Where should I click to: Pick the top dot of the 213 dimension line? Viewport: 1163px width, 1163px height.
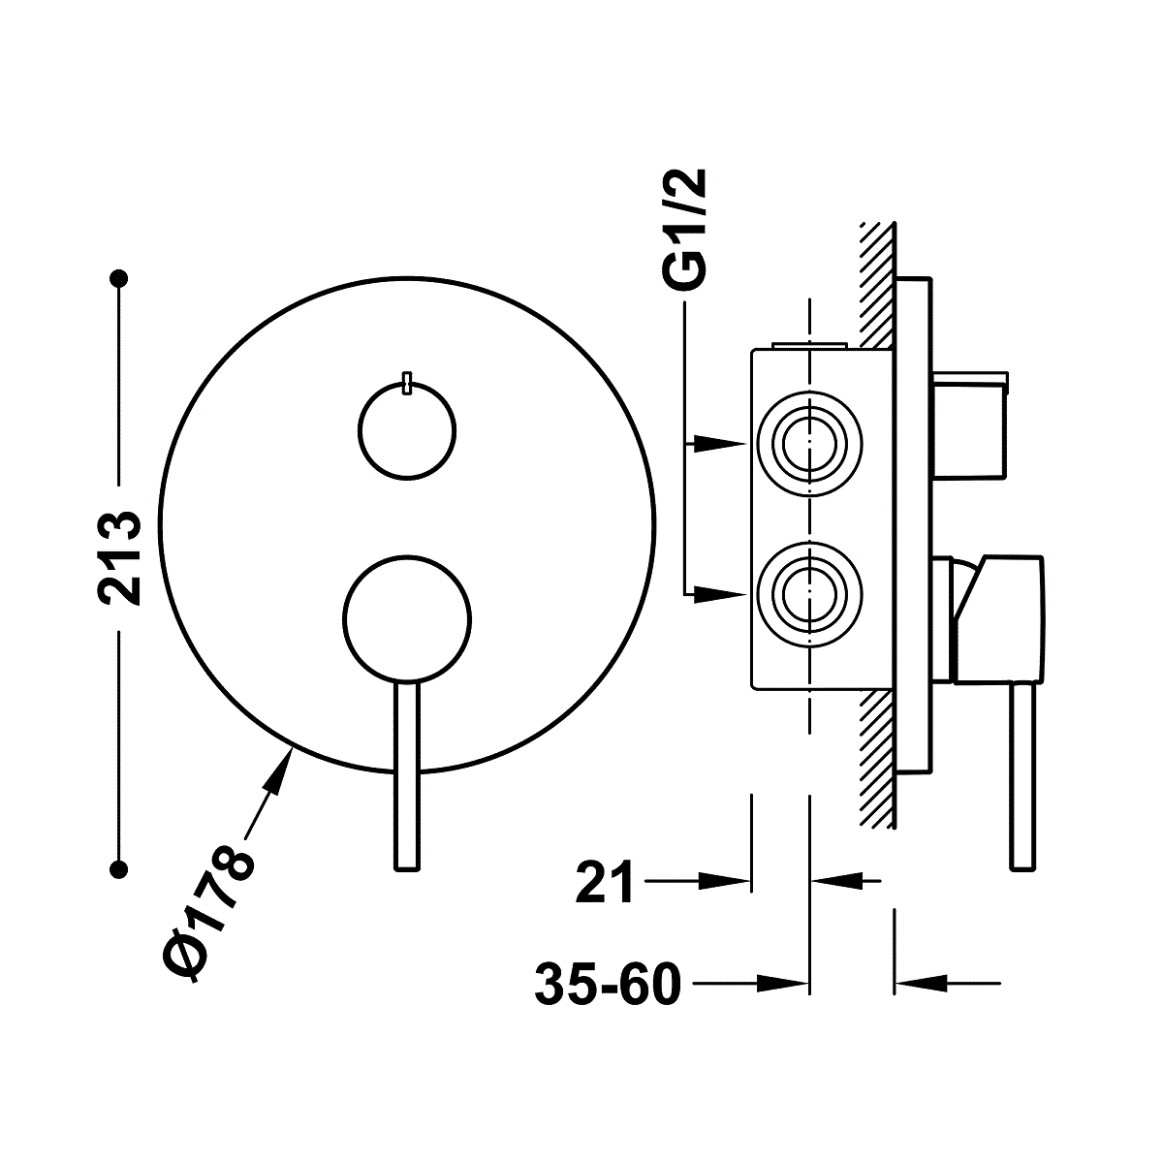point(119,278)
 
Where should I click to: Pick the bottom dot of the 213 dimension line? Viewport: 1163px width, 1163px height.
point(119,869)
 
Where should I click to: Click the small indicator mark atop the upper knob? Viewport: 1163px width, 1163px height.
point(407,384)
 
